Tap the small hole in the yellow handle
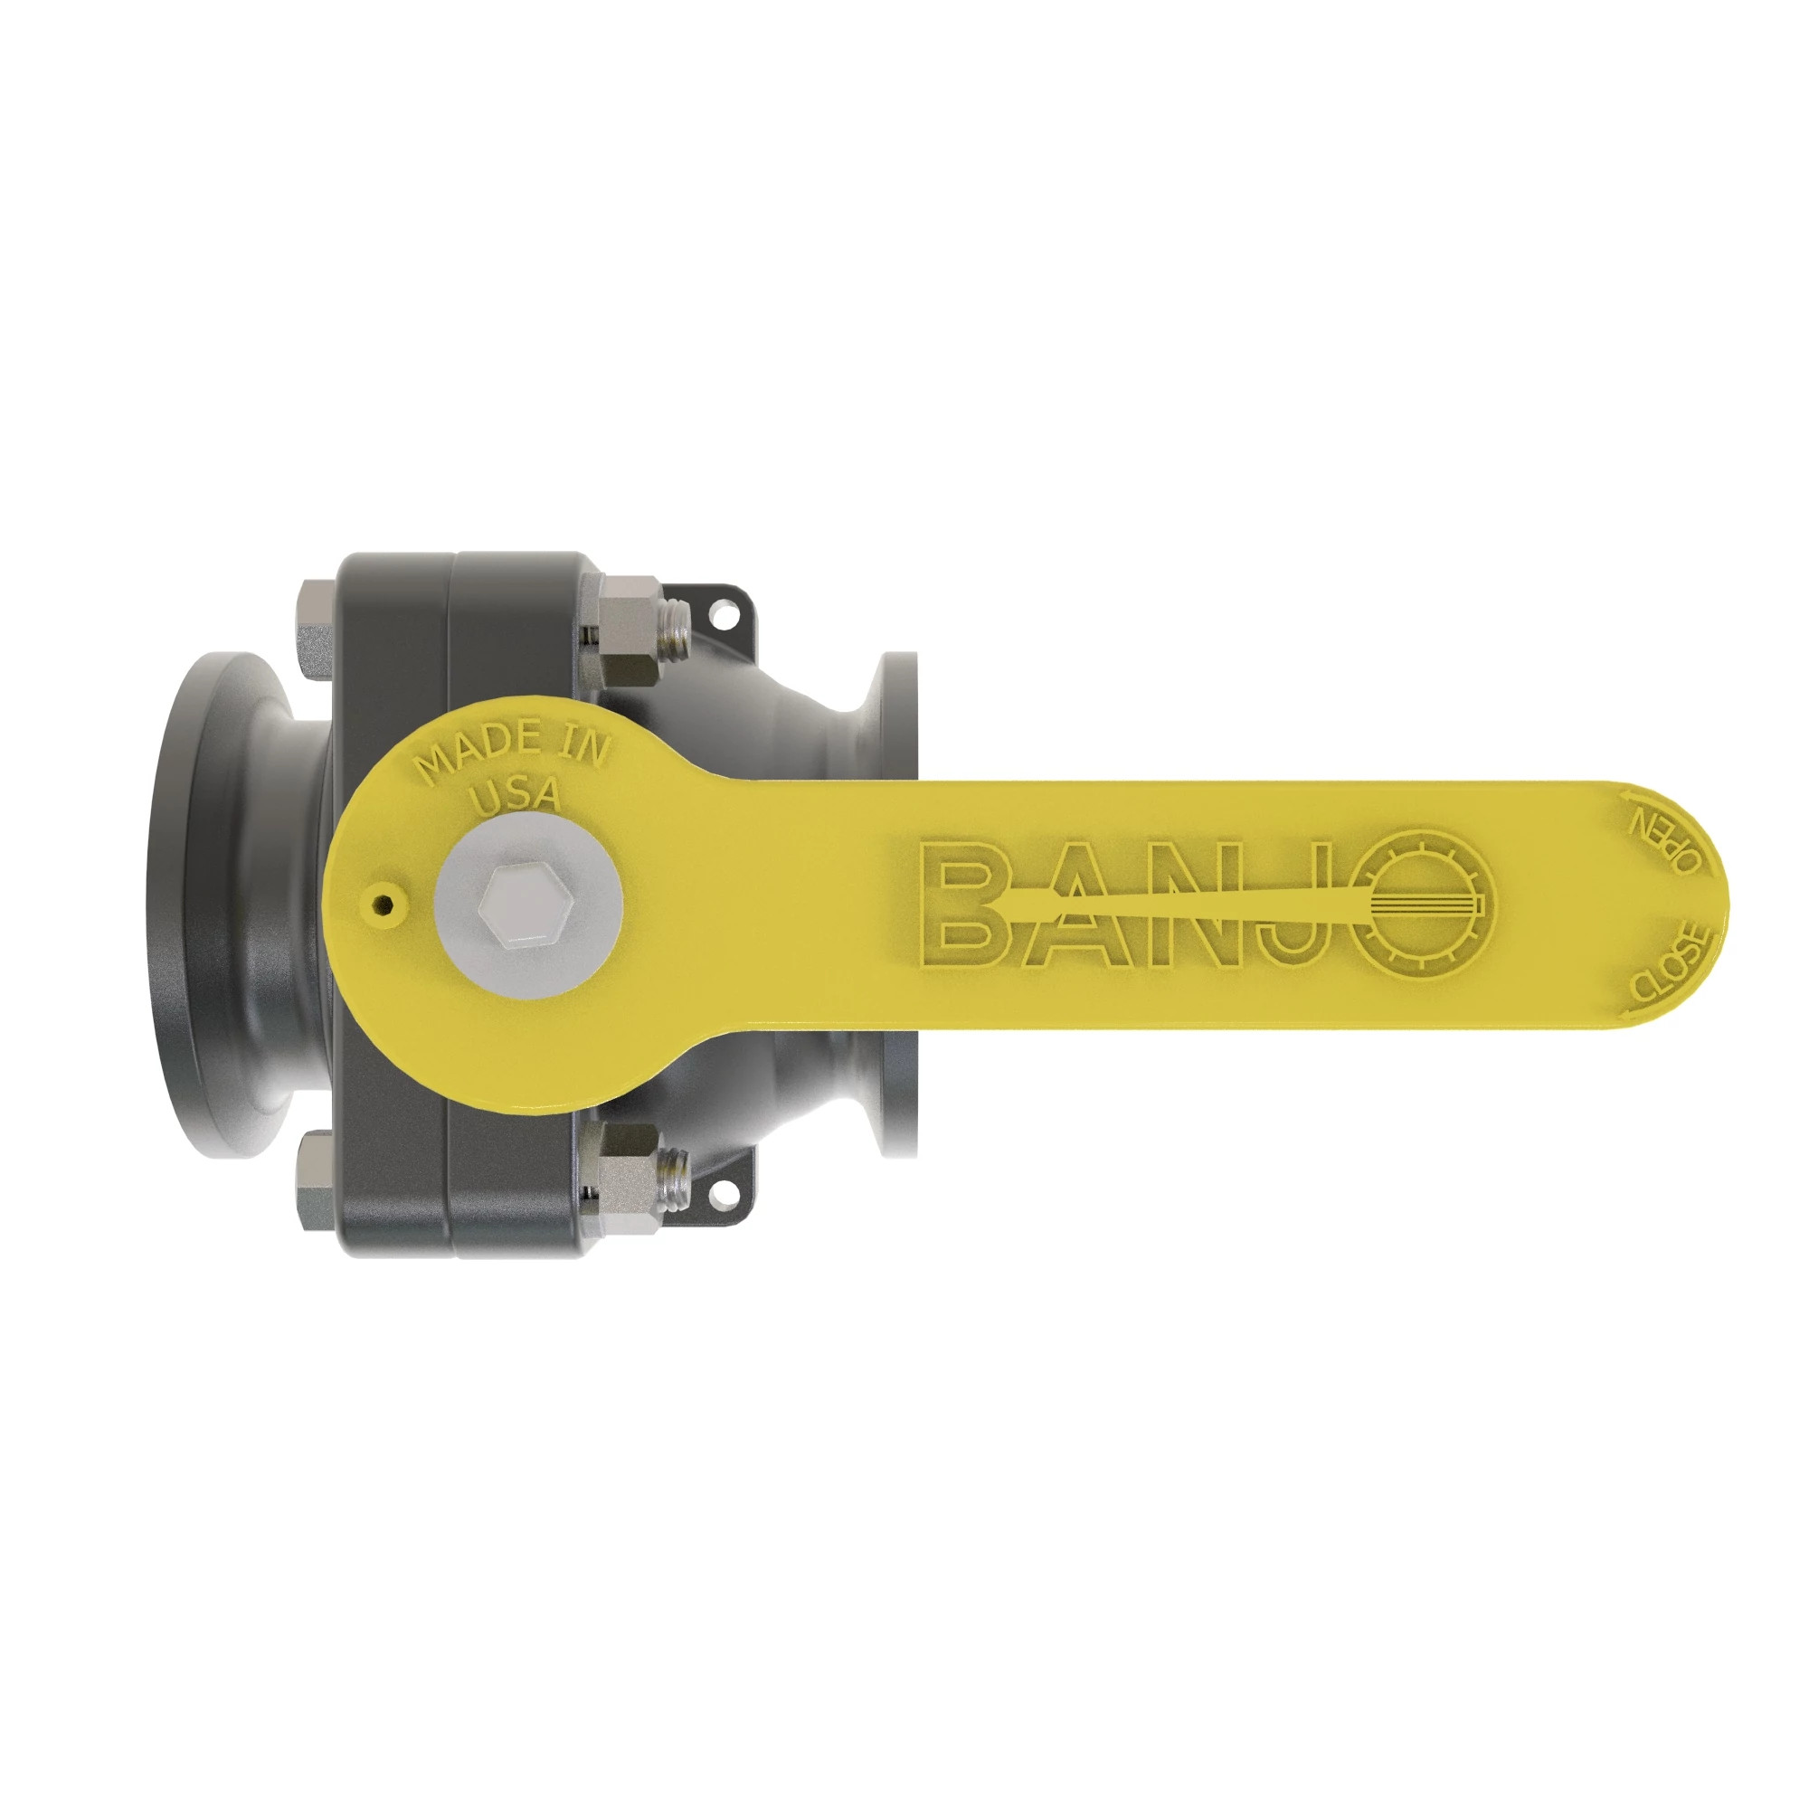(x=382, y=904)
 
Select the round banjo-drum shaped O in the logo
(x=1422, y=902)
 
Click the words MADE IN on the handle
(x=512, y=750)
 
